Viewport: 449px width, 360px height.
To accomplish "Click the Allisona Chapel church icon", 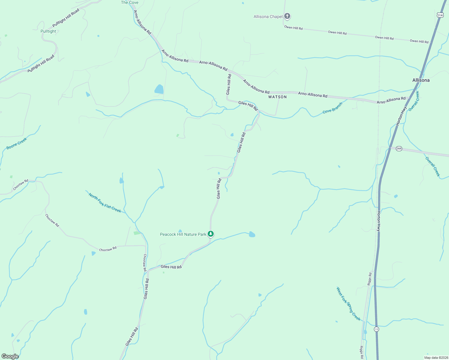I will (x=287, y=16).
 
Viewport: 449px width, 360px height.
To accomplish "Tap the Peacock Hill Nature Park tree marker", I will (x=211, y=234).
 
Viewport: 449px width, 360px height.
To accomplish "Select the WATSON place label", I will (x=277, y=97).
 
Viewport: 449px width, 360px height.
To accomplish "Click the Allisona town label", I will (x=421, y=80).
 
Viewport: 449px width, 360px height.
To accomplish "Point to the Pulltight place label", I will (x=48, y=31).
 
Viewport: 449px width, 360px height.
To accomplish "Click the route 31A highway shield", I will (x=440, y=15).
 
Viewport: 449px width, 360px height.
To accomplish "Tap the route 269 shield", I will (x=399, y=148).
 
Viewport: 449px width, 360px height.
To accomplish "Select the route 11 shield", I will (x=376, y=329).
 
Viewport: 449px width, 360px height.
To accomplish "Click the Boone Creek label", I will (x=17, y=143).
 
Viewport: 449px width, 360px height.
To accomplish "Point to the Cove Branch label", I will (x=332, y=108).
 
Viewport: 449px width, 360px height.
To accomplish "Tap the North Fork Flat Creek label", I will (x=105, y=203).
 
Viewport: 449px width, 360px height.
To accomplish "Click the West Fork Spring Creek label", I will (x=348, y=304).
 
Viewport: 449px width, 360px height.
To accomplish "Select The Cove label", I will (x=130, y=2).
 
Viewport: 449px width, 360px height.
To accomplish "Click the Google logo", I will (x=10, y=356).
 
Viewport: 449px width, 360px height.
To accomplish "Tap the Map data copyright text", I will (x=436, y=358).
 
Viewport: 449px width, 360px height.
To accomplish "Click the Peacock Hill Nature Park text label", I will (x=183, y=234).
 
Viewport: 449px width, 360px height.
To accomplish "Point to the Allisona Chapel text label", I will (x=268, y=16).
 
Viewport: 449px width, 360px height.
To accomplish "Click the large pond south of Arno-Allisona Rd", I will (x=159, y=89).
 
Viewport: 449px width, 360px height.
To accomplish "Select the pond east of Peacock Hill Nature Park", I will (x=252, y=235).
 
